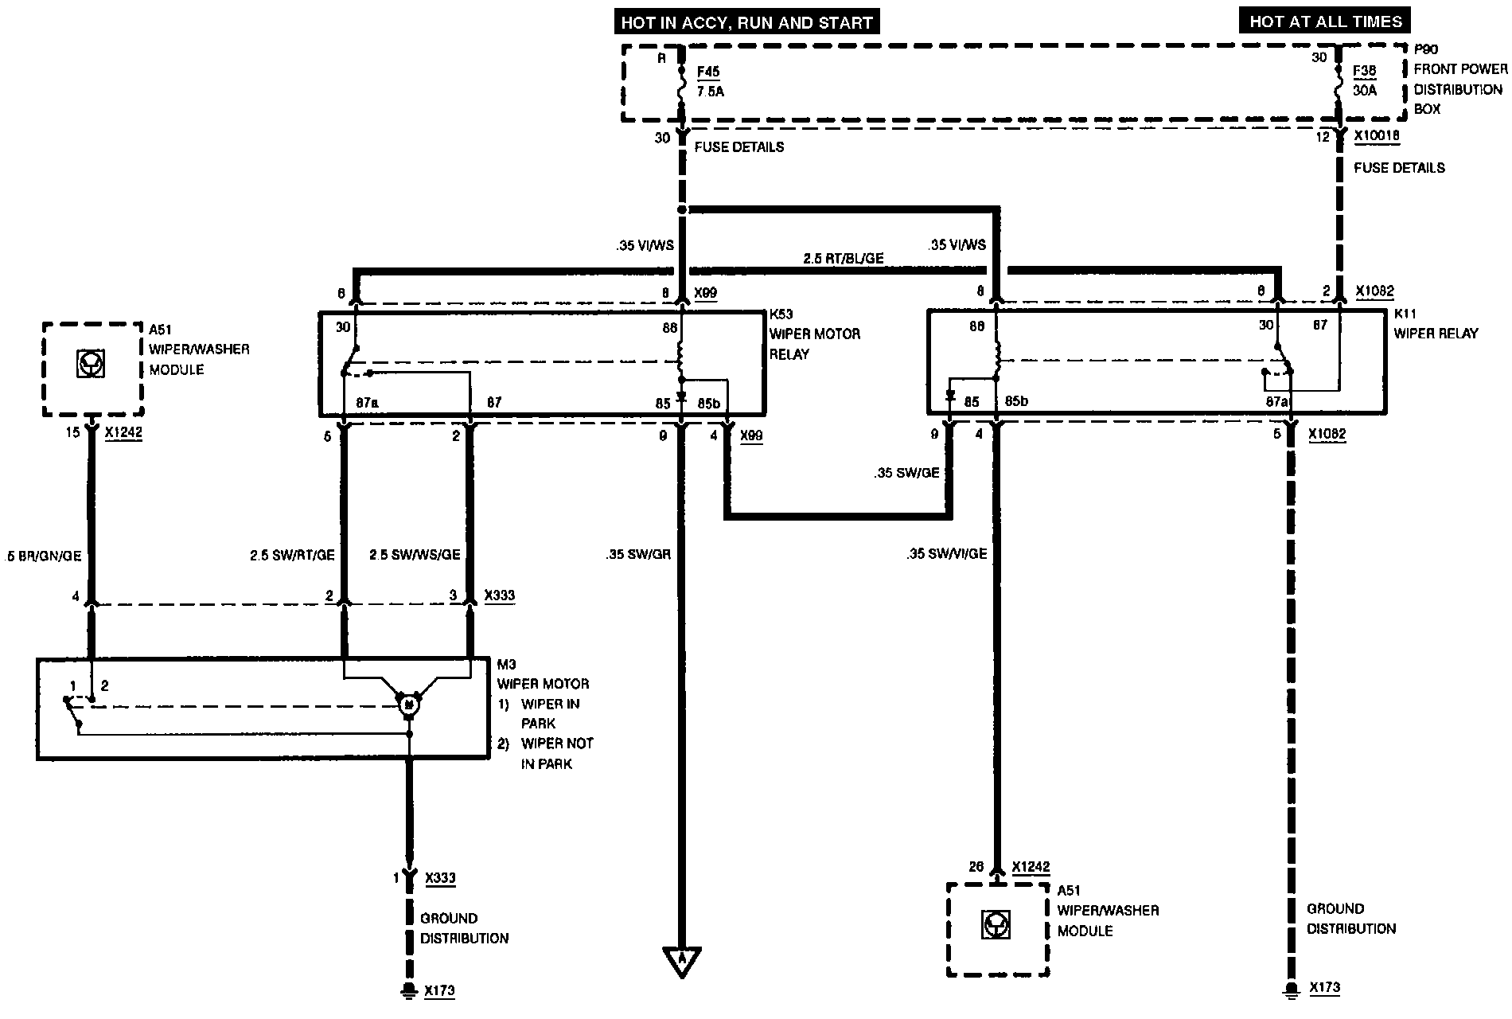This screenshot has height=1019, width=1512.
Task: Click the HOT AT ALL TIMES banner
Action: click(x=1325, y=21)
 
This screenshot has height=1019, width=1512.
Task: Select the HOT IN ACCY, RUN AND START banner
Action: click(x=746, y=22)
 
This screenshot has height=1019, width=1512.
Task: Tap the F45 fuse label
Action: click(x=708, y=72)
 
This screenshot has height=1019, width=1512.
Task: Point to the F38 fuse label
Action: click(x=1365, y=71)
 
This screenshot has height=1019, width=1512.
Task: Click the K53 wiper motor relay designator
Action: click(x=781, y=314)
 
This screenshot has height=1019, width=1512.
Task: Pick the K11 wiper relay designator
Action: click(x=1405, y=314)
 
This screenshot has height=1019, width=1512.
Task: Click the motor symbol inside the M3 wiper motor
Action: click(x=409, y=703)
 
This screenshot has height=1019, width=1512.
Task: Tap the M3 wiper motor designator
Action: click(x=507, y=664)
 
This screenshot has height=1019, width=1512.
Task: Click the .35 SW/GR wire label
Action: click(x=637, y=553)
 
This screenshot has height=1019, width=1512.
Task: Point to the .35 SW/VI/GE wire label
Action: click(x=946, y=553)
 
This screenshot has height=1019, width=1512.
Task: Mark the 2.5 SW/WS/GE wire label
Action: click(x=415, y=554)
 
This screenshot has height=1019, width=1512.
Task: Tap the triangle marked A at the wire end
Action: click(x=682, y=960)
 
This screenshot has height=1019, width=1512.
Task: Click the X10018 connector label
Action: click(x=1377, y=136)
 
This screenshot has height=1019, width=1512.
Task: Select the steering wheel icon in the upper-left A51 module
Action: click(x=91, y=365)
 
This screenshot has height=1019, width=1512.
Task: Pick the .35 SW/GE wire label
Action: click(x=906, y=473)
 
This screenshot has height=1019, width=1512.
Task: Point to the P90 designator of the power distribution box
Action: click(x=1425, y=49)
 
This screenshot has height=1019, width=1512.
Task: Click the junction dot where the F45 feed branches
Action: click(x=682, y=209)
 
